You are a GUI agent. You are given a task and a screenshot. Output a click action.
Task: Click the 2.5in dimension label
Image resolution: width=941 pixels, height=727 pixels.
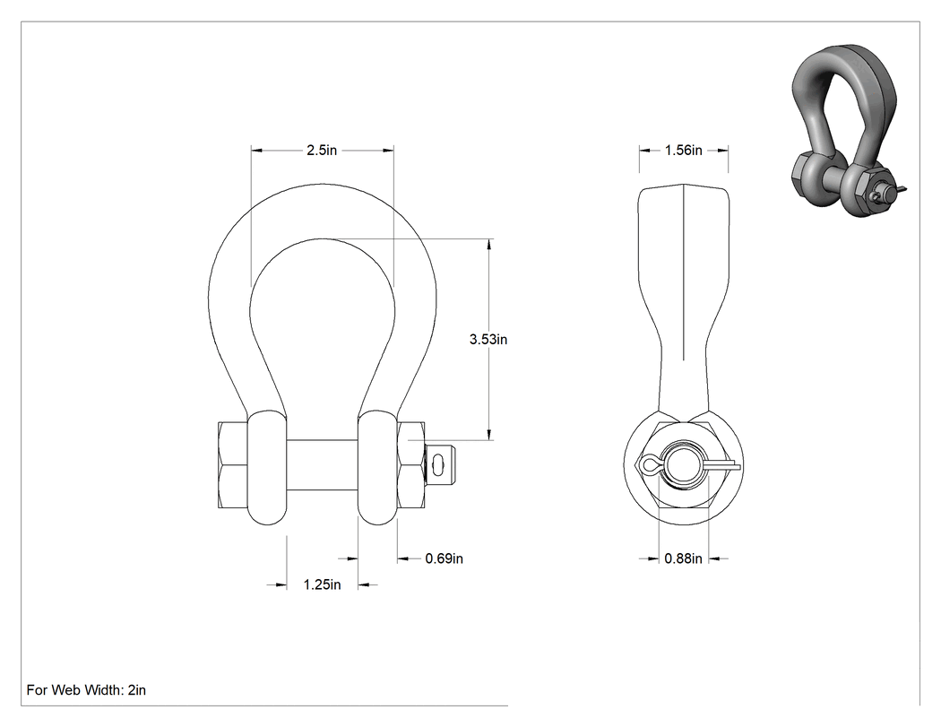[322, 150]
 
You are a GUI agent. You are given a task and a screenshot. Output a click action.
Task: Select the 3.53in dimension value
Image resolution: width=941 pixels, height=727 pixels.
[488, 339]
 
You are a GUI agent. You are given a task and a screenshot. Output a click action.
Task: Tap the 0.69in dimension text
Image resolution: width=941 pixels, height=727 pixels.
[445, 558]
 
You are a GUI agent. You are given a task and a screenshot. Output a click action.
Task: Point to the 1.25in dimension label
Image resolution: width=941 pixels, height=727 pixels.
[322, 584]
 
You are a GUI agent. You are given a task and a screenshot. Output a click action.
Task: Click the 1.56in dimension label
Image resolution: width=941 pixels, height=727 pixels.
[683, 150]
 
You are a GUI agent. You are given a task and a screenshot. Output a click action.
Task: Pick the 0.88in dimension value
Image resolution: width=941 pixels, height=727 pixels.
[683, 558]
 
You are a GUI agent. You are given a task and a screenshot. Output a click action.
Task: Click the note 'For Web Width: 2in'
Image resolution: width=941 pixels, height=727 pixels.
[86, 689]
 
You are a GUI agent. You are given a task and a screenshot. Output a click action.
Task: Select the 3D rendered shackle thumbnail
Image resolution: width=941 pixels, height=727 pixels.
[846, 130]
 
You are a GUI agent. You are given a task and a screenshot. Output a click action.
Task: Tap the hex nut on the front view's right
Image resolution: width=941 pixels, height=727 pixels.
[411, 465]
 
